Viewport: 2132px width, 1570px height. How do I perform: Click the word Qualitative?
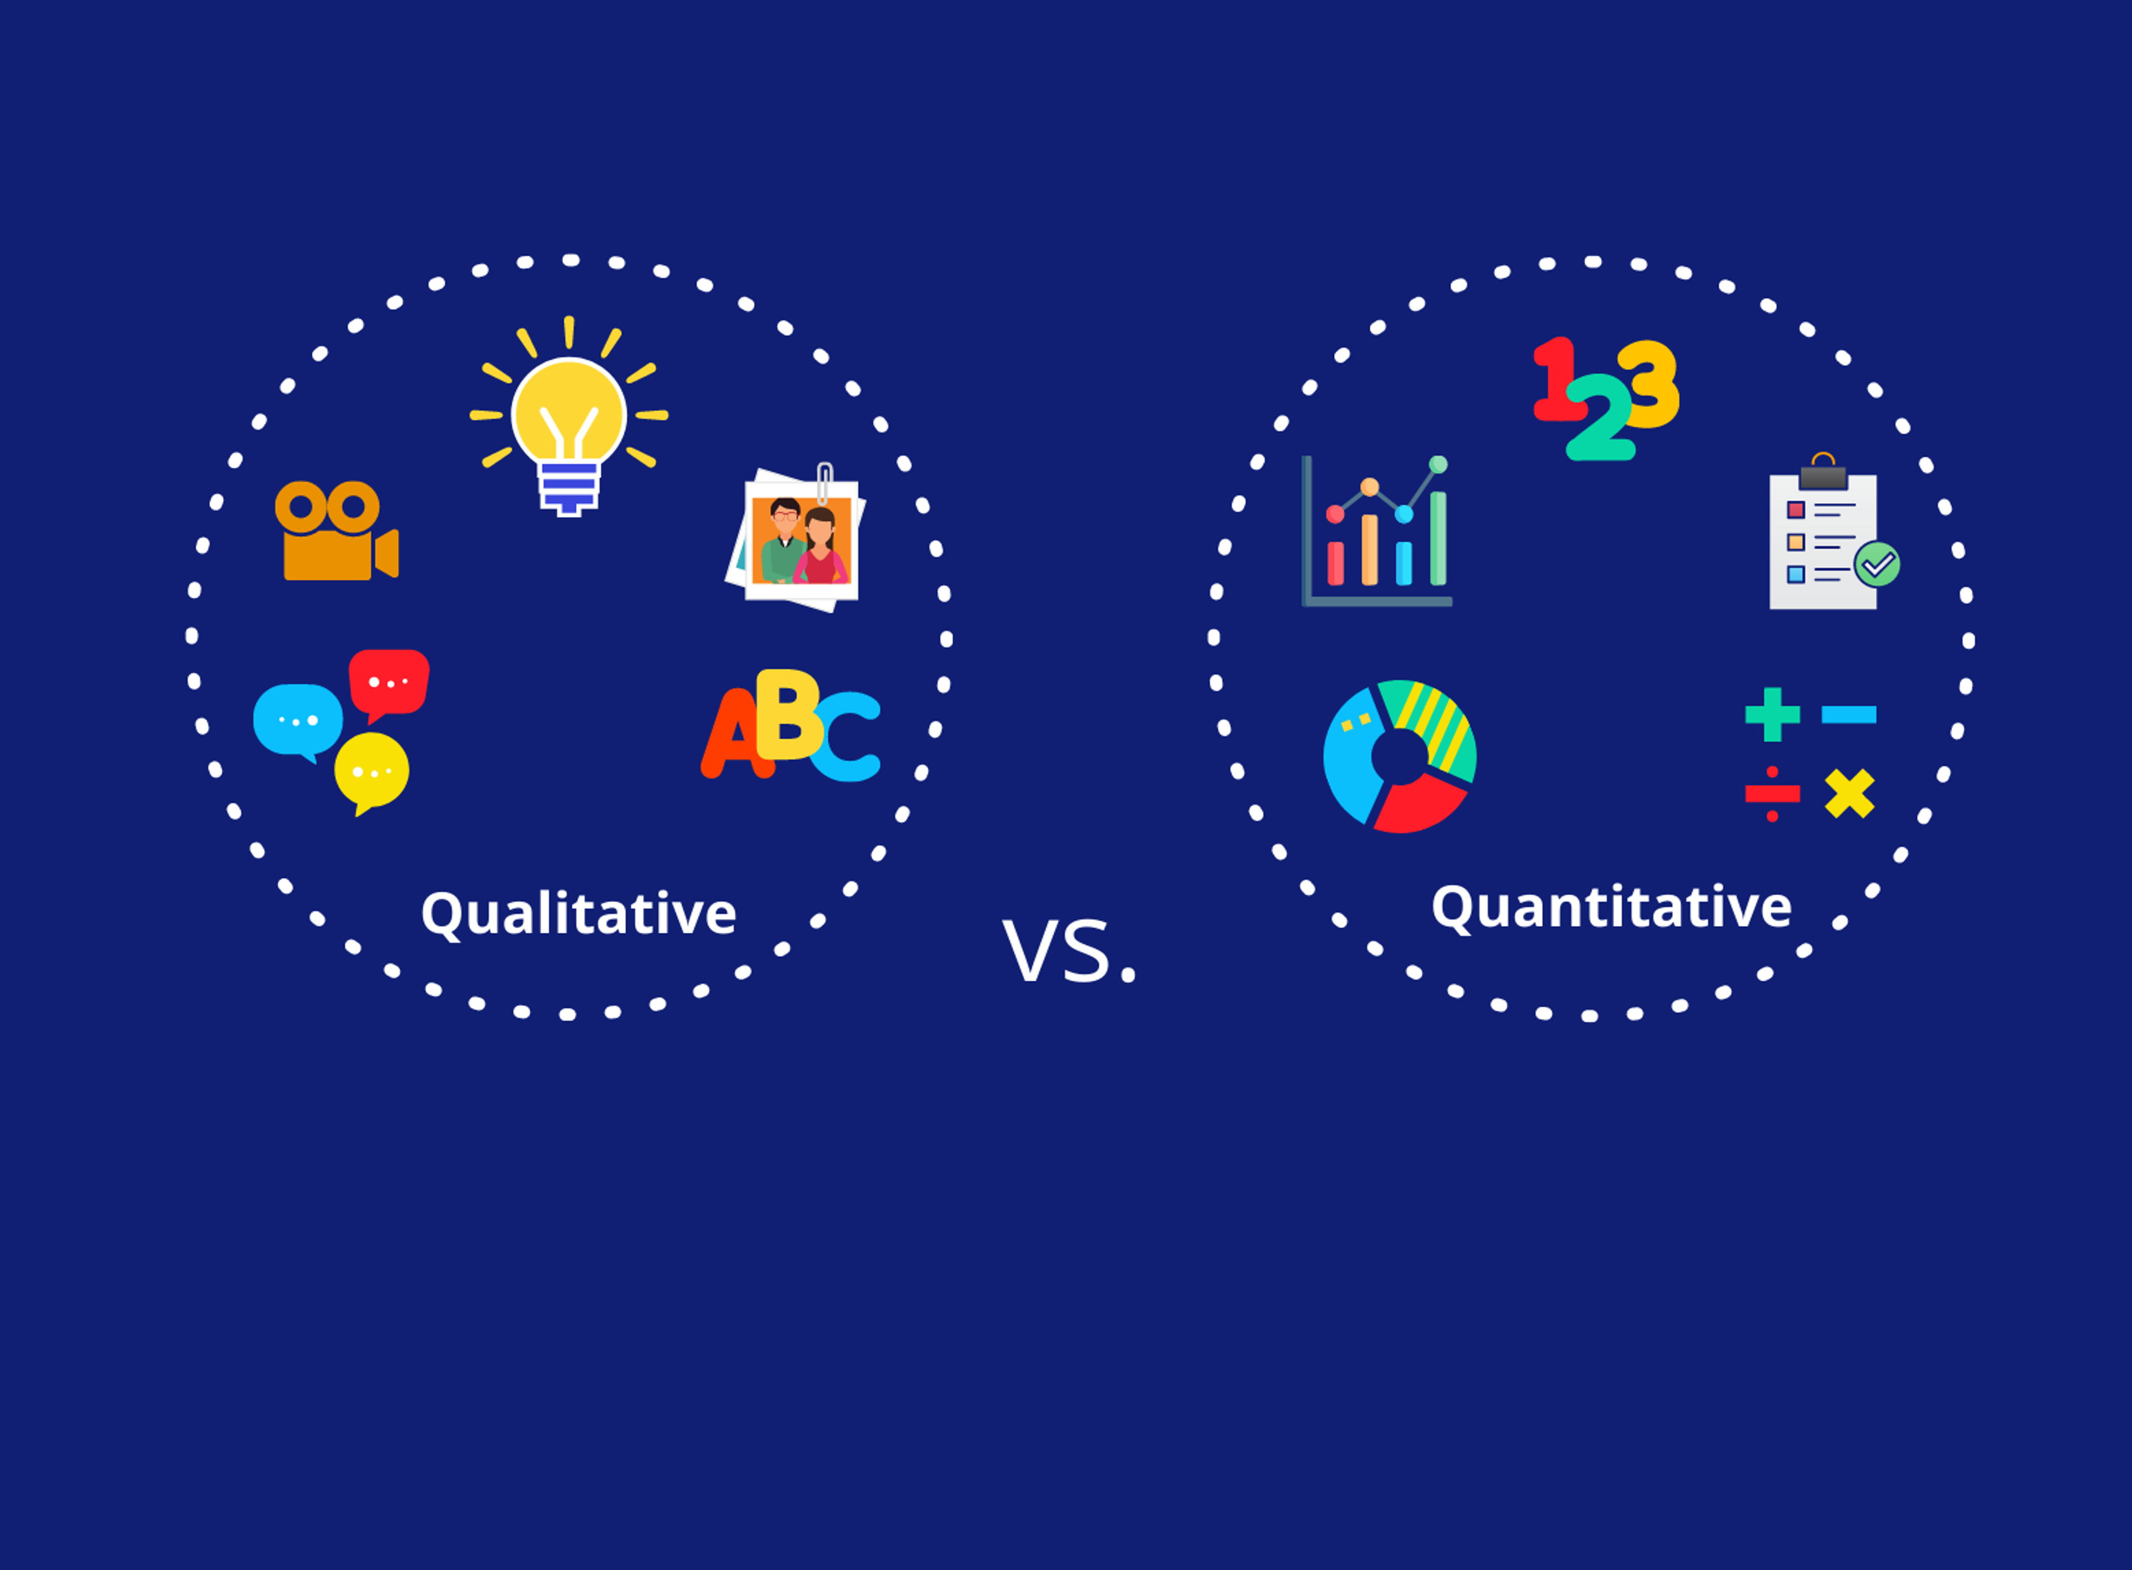coord(578,914)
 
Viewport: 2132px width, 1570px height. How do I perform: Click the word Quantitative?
coord(1611,907)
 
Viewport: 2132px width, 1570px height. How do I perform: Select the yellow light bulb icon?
coord(569,418)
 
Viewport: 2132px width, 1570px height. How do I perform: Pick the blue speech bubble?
coord(298,720)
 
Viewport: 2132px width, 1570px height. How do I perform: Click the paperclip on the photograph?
coord(824,483)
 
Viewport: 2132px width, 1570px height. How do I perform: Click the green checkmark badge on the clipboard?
coord(1877,564)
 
